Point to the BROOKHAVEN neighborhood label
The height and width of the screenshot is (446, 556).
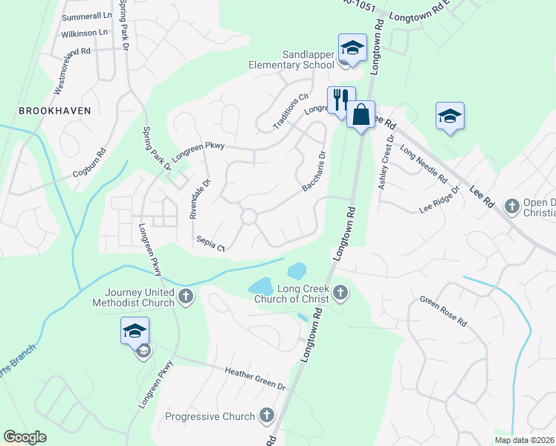pyautogui.click(x=55, y=110)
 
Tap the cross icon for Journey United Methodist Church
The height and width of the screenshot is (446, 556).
pyautogui.click(x=186, y=297)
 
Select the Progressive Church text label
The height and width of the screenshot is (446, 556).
pyautogui.click(x=210, y=416)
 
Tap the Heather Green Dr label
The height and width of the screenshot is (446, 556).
pyautogui.click(x=256, y=378)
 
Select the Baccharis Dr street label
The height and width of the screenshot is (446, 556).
pyautogui.click(x=314, y=172)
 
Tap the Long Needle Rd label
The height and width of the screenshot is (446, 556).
pyautogui.click(x=423, y=163)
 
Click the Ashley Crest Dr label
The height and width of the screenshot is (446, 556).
pyautogui.click(x=385, y=162)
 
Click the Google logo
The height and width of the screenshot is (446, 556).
pyautogui.click(x=25, y=437)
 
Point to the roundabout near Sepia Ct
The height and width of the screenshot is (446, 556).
pyautogui.click(x=248, y=217)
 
